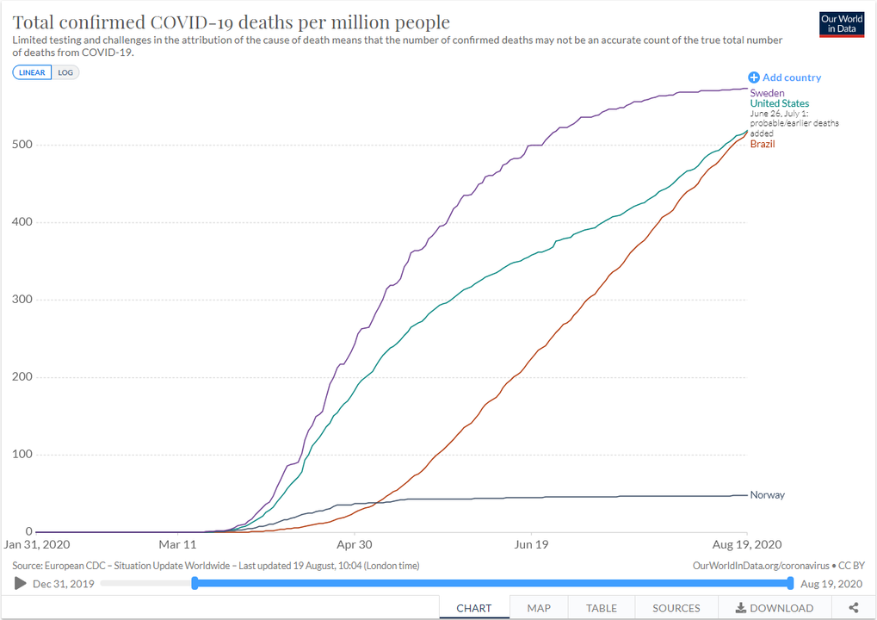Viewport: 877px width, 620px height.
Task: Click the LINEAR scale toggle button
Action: pyautogui.click(x=32, y=72)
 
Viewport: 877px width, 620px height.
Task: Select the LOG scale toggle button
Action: pyautogui.click(x=65, y=72)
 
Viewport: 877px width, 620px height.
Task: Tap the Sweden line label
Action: pyautogui.click(x=767, y=93)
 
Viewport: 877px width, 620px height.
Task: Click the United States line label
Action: pyautogui.click(x=779, y=104)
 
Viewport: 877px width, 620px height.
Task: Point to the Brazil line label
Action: pyautogui.click(x=763, y=144)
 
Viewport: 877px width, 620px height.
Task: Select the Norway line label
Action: pyautogui.click(x=767, y=495)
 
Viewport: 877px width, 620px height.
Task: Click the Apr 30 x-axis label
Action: pyautogui.click(x=354, y=544)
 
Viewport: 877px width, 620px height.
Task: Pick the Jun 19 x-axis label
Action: pyautogui.click(x=531, y=544)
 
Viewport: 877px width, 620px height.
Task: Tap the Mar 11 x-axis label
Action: pyautogui.click(x=178, y=544)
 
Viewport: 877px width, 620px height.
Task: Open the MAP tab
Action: pyautogui.click(x=539, y=608)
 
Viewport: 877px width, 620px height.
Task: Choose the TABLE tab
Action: pyautogui.click(x=602, y=608)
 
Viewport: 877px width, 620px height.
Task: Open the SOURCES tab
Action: pyautogui.click(x=676, y=608)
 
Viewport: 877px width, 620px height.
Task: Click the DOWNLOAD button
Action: pyautogui.click(x=774, y=608)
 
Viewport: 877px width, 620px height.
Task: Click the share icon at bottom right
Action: pyautogui.click(x=853, y=608)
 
